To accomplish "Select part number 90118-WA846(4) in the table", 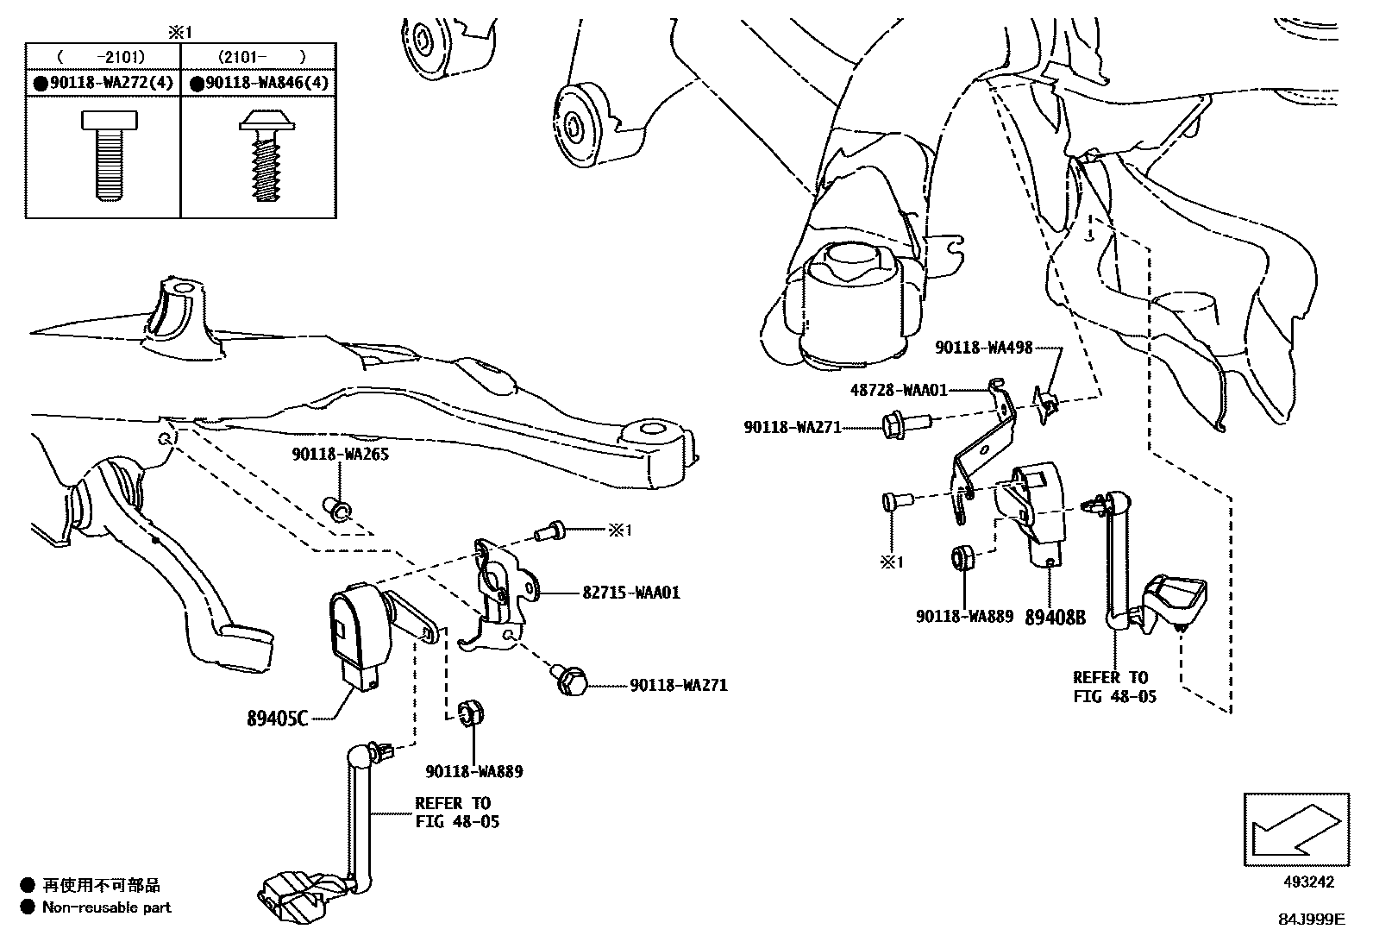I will coord(263,84).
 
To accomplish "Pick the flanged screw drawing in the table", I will coord(264,156).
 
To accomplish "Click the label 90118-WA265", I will coord(340,454).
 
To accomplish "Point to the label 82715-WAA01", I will coord(631,593).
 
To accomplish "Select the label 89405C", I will coord(277,718).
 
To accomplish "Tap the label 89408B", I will coord(1055,618).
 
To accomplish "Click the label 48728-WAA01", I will coord(899,390).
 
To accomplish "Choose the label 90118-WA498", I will coord(983,348).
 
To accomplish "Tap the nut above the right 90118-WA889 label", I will coord(963,559).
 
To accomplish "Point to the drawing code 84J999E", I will coord(1311,920).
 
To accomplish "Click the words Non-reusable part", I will coord(107,907).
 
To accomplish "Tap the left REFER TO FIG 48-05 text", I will coord(455,813).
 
